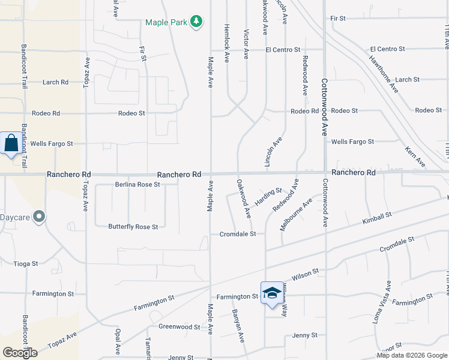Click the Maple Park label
[166, 23]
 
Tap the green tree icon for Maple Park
[196, 22]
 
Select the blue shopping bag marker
[11, 144]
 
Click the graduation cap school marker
[272, 293]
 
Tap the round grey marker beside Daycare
[40, 216]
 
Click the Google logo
[20, 353]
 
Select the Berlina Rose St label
[137, 185]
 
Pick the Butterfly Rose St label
[133, 227]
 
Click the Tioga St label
[26, 263]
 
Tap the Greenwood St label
[179, 327]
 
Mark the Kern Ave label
[415, 157]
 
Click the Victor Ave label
[246, 43]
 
